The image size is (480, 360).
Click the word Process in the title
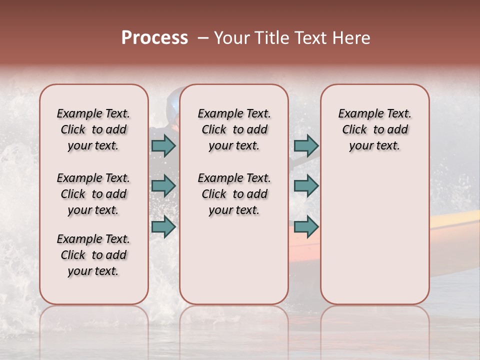coord(154,38)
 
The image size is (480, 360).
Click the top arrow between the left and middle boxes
coord(163,145)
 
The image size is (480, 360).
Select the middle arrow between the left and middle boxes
coord(163,186)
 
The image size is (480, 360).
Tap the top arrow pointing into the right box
coord(306,145)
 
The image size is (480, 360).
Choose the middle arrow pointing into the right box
coord(306,186)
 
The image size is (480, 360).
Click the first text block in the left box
coord(93,129)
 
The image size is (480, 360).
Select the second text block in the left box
coord(93,194)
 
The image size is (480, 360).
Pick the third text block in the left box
coord(93,255)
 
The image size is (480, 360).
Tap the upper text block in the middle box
coord(234,129)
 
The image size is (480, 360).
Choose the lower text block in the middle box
coord(234,194)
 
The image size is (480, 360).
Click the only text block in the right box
coord(374,129)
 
